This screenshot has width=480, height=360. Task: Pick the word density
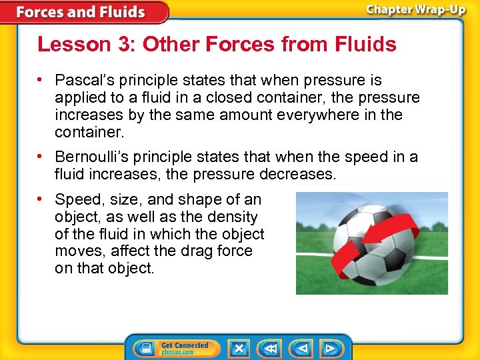point(233,217)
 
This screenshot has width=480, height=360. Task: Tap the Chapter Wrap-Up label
point(415,11)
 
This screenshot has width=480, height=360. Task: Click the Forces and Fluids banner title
point(80,12)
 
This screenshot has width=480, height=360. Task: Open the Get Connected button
point(175,348)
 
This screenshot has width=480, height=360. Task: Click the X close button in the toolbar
point(238,348)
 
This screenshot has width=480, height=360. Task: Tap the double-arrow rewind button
point(270,348)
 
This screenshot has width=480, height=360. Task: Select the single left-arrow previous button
point(302,348)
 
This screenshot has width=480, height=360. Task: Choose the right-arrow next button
point(330,348)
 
